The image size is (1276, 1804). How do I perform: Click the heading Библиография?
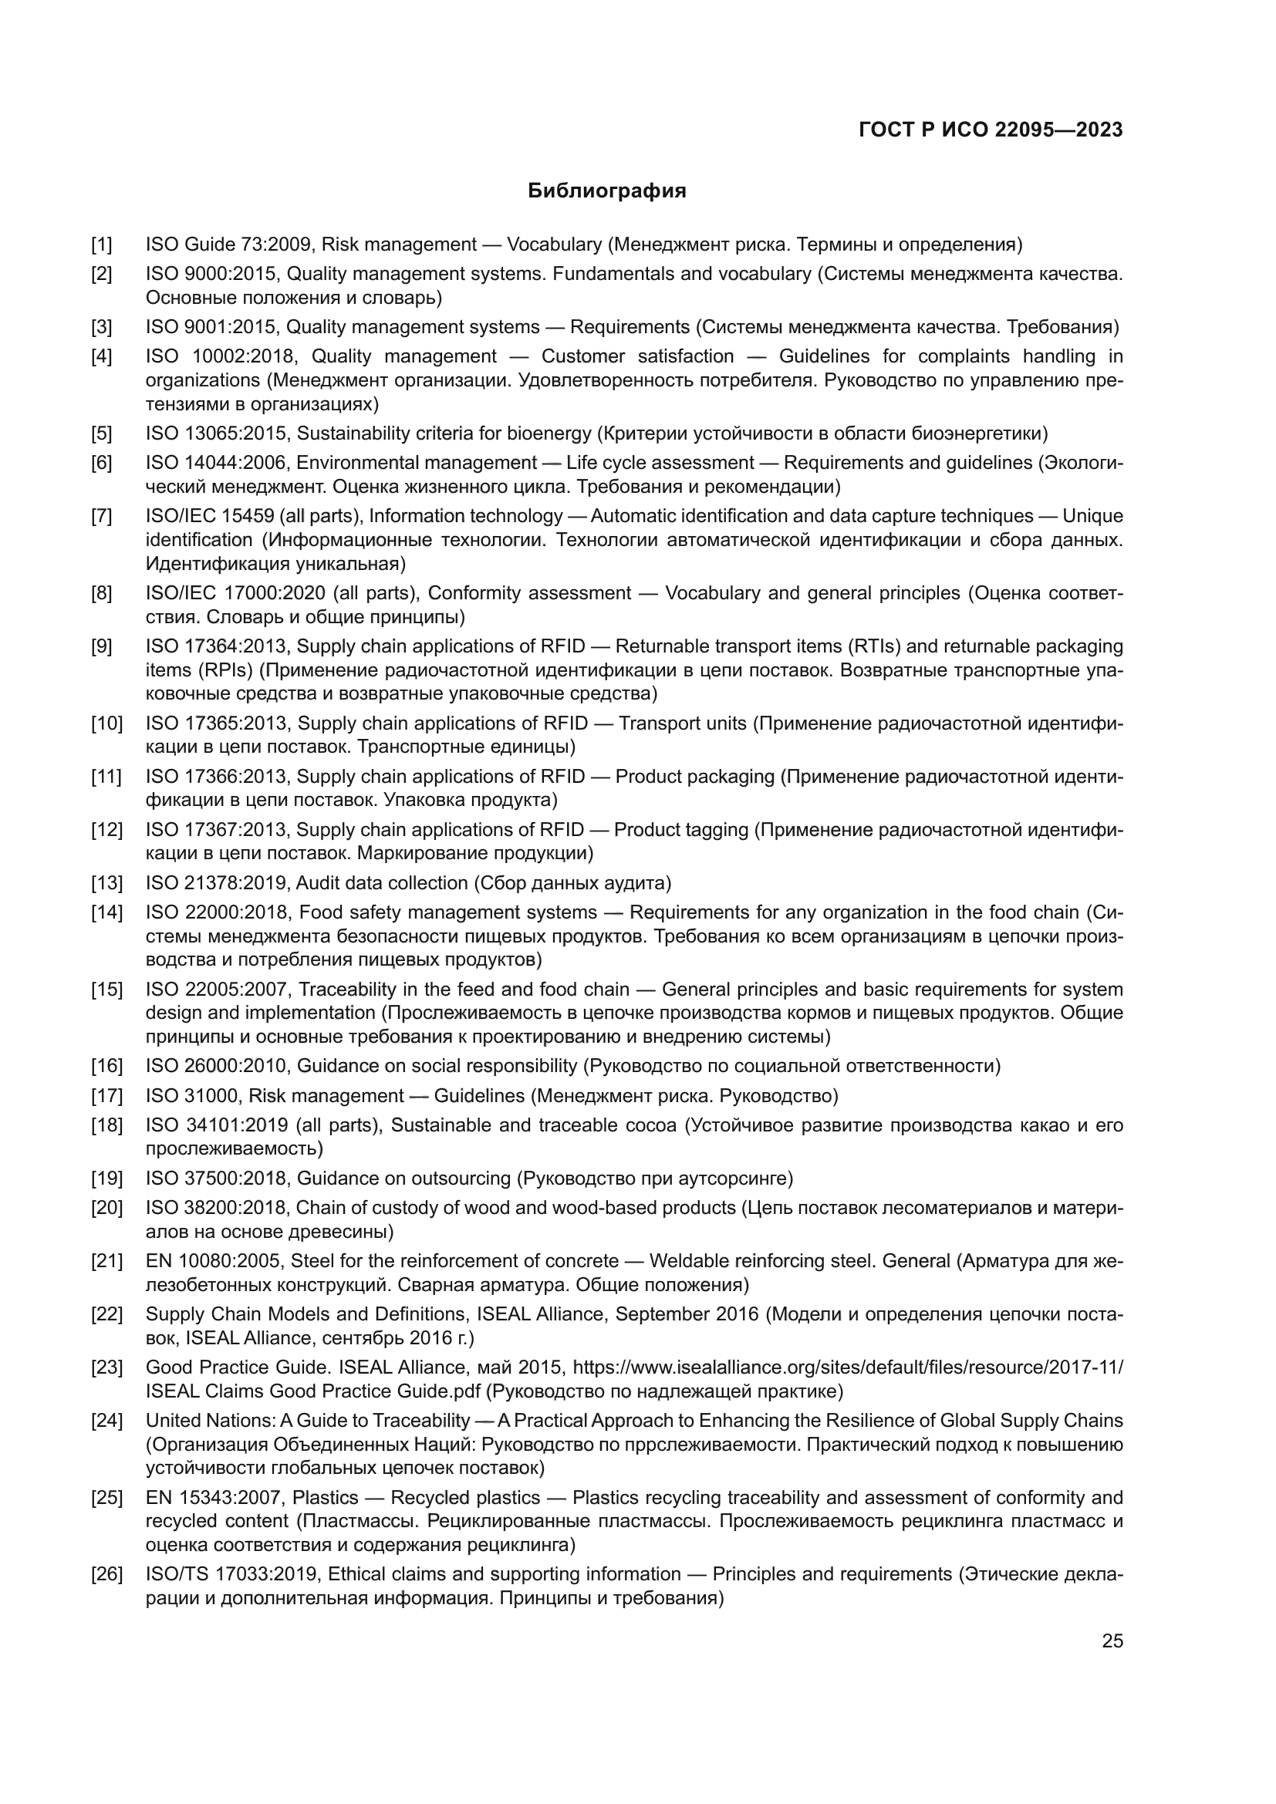(606, 191)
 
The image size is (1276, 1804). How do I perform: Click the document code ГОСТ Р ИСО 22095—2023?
(991, 130)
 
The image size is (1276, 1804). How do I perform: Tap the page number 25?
(1112, 1640)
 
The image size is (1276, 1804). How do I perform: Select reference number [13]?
(107, 883)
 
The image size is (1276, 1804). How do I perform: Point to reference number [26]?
(107, 1574)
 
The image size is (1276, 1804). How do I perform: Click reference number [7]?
(102, 516)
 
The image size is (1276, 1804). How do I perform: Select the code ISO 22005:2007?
(216, 990)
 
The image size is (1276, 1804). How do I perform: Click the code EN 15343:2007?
(213, 1498)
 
